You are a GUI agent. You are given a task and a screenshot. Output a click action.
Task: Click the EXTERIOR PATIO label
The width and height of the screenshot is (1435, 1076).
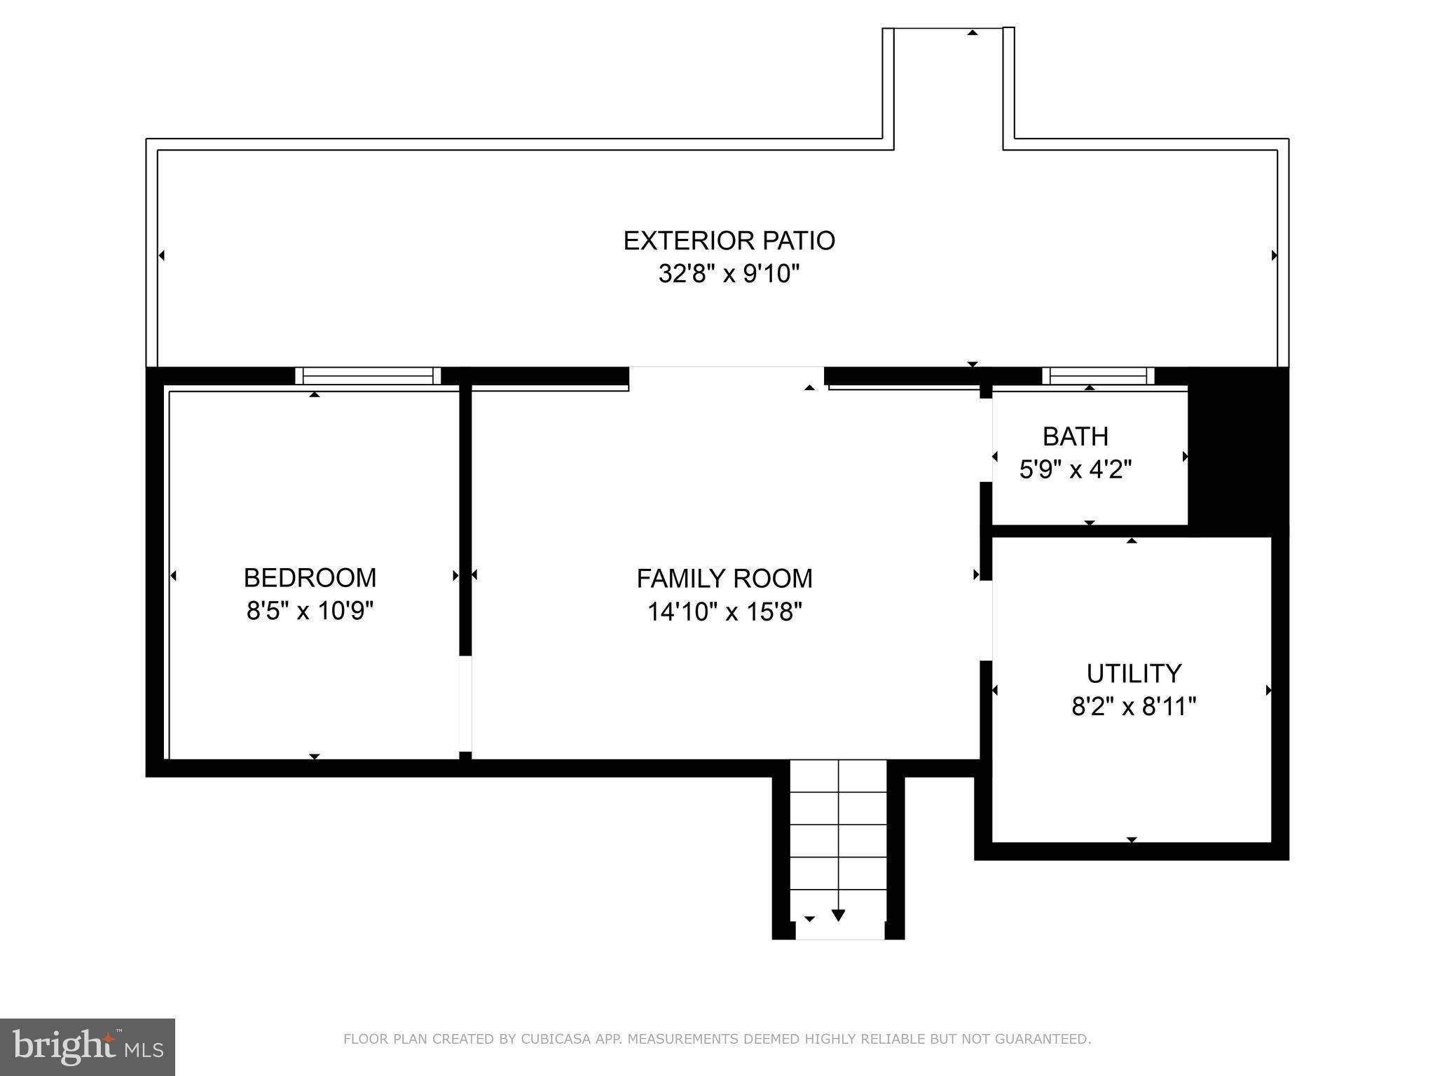(729, 241)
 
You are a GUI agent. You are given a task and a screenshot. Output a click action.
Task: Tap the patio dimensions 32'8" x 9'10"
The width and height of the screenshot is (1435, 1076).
(729, 273)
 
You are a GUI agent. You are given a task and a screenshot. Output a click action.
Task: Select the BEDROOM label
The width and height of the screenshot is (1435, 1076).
(310, 578)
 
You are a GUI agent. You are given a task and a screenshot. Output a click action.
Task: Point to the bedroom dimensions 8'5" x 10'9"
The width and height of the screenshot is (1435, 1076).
(310, 611)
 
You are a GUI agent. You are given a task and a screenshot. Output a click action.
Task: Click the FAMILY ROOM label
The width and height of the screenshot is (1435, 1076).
(725, 579)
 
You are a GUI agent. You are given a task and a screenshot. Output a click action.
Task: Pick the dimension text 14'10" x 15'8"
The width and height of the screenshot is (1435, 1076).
(725, 612)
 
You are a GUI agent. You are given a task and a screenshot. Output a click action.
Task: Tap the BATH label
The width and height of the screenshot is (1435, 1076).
(1075, 436)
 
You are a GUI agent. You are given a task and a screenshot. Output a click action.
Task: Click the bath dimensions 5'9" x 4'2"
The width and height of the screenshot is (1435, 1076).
(1075, 469)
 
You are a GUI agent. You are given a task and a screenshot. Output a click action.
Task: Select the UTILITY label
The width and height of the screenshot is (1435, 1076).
(1133, 673)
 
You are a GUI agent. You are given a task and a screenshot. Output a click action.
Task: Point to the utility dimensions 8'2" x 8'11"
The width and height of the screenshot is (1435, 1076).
(1133, 706)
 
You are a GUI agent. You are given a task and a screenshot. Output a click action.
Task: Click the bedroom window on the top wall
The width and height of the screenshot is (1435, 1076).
(368, 376)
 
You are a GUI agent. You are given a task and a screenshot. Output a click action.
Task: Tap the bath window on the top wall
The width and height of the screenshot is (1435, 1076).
(1097, 376)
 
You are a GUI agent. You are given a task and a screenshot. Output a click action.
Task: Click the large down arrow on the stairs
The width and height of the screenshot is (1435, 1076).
(838, 915)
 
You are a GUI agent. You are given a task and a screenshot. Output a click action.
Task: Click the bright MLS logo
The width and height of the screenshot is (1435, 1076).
(88, 1047)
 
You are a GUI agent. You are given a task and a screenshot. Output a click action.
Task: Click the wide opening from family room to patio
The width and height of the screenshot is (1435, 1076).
(726, 377)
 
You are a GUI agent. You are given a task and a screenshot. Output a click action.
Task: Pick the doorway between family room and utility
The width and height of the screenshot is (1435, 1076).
(986, 620)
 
